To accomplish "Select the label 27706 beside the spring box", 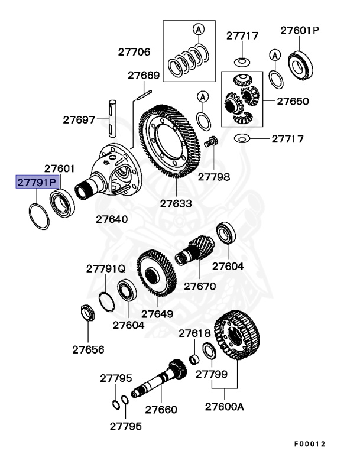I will click(134, 52).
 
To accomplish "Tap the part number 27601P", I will click(299, 30).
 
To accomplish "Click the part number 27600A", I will click(224, 407).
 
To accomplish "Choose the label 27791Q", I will click(106, 268).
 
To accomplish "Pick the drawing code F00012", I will click(309, 443).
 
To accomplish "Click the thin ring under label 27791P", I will click(39, 216).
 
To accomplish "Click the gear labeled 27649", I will click(156, 277).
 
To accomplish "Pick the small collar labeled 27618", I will click(193, 359).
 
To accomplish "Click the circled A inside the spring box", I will click(199, 29).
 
